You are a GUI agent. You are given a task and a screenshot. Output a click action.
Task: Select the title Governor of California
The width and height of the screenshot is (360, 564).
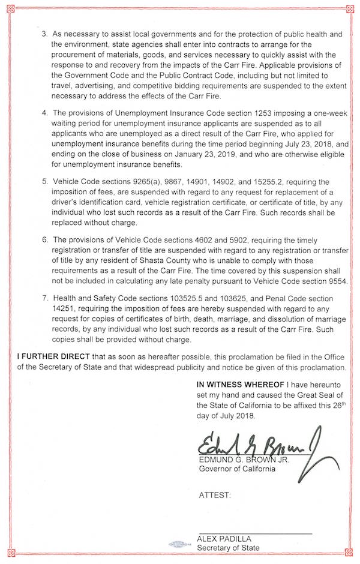(237, 469)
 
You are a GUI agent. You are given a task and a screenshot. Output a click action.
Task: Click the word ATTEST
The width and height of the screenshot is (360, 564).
(214, 496)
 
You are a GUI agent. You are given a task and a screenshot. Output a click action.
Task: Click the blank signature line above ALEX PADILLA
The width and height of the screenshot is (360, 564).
(255, 532)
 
